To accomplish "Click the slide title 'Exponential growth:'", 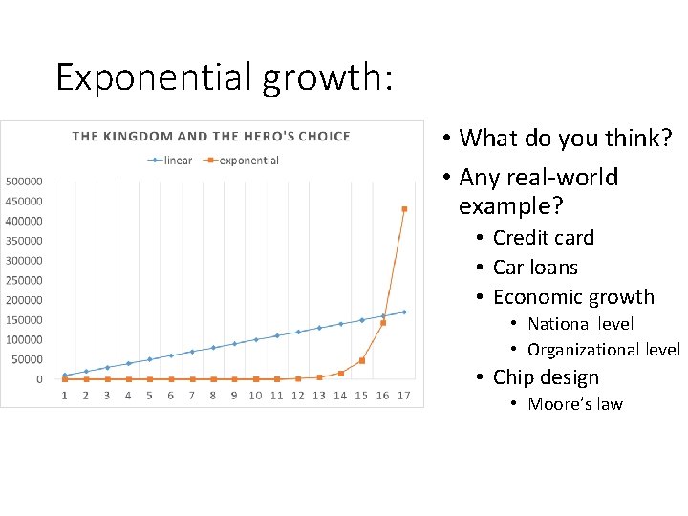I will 224,76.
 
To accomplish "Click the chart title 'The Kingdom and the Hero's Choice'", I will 211,136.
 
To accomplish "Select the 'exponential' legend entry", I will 243,161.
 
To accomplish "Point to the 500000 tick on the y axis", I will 23,182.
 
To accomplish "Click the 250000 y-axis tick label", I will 23,281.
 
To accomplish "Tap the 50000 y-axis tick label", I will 26,359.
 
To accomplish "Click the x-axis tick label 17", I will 404,396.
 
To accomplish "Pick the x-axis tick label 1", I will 65,396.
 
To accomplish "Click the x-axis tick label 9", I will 234,396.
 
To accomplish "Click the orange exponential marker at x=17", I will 404,208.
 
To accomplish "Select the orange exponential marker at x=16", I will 383,323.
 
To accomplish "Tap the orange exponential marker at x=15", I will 361,360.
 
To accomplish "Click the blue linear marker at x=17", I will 404,312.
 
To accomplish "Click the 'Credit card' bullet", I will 543,238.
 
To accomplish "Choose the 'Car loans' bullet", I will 535,268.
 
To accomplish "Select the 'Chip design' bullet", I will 546,377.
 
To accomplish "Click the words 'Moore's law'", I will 574,404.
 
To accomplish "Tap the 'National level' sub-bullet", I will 580,324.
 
